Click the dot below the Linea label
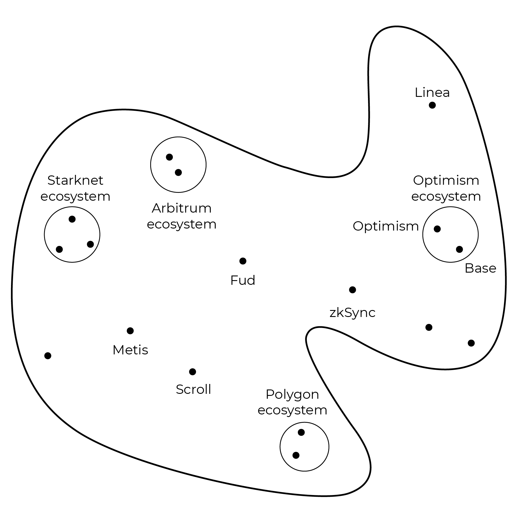[432, 105]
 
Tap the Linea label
[432, 93]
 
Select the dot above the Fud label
[243, 261]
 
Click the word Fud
[243, 280]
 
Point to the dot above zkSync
[352, 290]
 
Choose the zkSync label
[352, 313]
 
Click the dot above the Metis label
[130, 331]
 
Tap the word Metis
[130, 350]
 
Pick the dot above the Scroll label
[193, 371]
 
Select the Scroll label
[193, 389]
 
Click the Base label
[480, 268]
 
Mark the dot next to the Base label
[459, 249]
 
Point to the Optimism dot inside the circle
[437, 229]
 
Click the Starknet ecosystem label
[75, 188]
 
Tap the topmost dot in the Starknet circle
[72, 219]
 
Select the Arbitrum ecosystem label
[182, 216]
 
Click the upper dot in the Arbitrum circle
[169, 157]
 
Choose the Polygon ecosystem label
[292, 402]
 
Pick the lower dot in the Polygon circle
[296, 455]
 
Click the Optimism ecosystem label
[446, 188]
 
